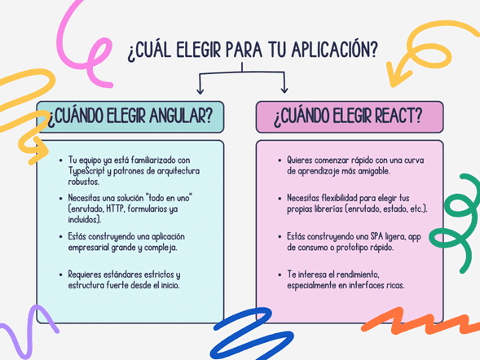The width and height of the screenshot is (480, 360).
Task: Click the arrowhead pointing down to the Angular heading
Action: pos(200,90)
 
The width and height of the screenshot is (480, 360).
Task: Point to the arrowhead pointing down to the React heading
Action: pos(284,90)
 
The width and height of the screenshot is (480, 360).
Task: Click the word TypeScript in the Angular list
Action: pos(86,171)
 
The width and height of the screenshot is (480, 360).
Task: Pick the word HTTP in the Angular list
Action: pos(116,209)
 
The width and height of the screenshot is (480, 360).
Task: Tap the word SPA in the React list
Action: pos(377,236)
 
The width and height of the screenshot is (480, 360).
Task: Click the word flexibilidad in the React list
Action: pos(339,198)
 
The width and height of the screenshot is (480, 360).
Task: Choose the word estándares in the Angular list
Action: pos(123,274)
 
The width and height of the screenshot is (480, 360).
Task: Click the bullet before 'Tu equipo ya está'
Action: pos(61,160)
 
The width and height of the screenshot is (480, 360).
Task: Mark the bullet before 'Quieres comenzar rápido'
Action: pos(280,160)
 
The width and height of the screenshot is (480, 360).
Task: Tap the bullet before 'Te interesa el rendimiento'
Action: pos(280,274)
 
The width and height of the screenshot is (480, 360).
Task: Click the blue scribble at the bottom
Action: pos(251,335)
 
